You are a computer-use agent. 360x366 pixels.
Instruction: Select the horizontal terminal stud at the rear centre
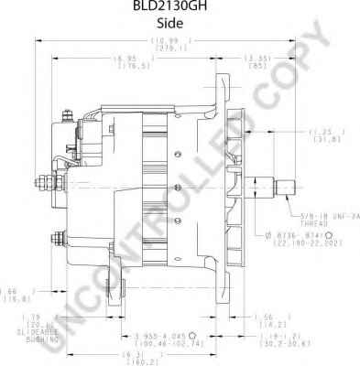[x=41, y=180]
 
